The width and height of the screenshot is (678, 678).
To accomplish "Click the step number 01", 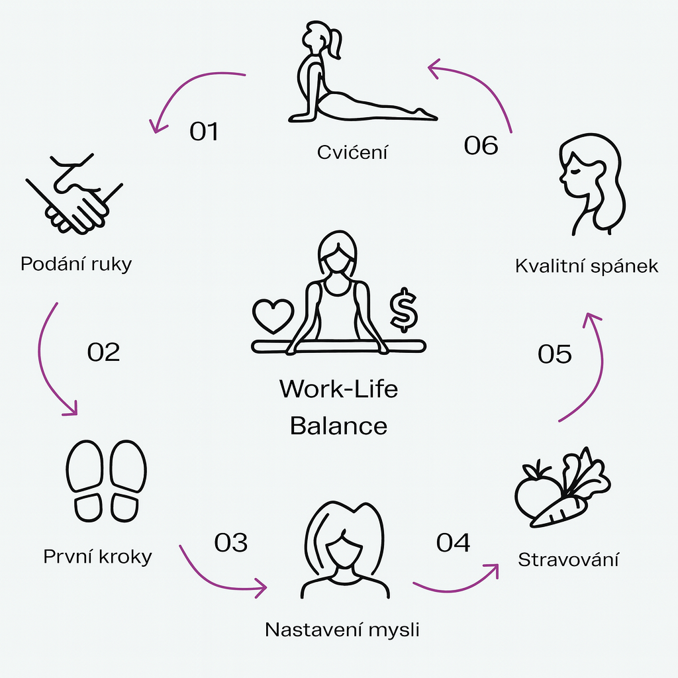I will click(204, 131).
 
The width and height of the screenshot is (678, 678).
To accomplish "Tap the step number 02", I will click(103, 352).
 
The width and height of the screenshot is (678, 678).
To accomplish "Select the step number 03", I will click(231, 542).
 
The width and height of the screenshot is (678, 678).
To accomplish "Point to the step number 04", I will click(454, 542).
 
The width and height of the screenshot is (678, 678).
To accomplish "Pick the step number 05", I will click(555, 354).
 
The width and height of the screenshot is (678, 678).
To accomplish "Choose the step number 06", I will click(481, 145).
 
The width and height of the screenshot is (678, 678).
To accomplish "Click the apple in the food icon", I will click(535, 494).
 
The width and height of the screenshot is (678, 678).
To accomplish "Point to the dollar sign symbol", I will click(403, 310).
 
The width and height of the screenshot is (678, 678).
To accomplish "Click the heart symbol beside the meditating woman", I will click(272, 315).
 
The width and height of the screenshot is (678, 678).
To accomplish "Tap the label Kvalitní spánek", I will click(587, 266).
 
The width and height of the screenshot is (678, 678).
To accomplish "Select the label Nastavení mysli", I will click(342, 629).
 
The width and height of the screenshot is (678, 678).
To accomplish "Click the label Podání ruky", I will click(76, 264).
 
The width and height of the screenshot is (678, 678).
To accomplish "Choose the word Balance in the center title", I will click(338, 425).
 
